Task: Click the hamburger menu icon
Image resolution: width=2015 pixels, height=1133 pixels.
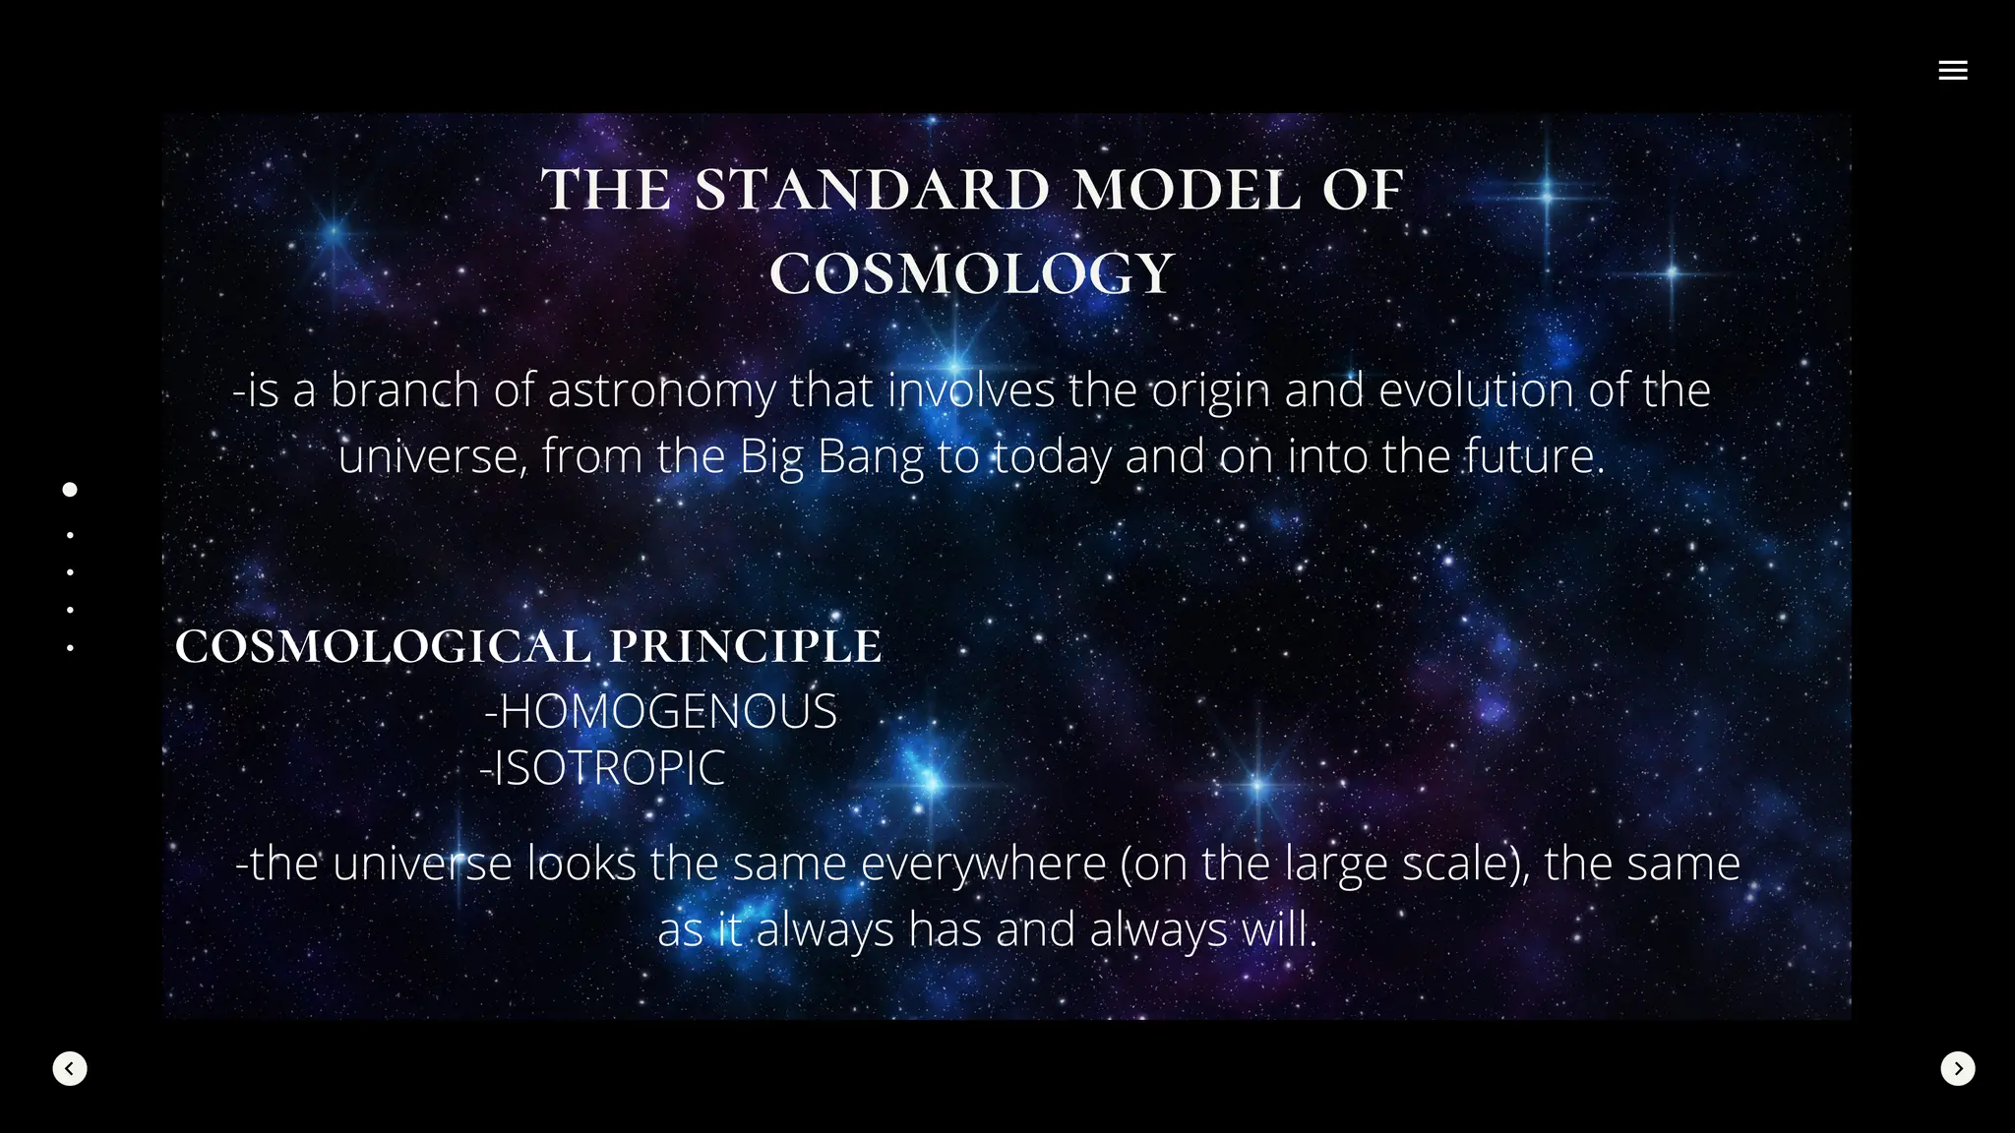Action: (1952, 70)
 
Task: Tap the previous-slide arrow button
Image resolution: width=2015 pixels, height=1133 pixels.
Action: (70, 1068)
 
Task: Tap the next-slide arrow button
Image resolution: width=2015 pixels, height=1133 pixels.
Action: (1957, 1068)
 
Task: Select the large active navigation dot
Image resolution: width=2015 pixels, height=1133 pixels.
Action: (70, 490)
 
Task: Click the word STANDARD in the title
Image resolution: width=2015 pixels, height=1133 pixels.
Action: (872, 190)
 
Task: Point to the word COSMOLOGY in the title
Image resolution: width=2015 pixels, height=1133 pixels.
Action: (972, 273)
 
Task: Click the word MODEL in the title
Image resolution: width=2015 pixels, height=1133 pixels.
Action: (1186, 190)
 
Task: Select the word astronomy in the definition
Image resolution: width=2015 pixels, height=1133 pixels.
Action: (661, 391)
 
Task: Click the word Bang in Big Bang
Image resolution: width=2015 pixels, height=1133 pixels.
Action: (870, 457)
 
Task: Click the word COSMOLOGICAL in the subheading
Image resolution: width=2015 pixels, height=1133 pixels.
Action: (384, 646)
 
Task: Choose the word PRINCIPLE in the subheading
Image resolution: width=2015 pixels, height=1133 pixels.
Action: (746, 646)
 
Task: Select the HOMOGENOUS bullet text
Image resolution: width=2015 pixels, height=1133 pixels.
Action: (661, 711)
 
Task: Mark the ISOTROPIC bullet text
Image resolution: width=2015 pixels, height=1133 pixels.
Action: (603, 768)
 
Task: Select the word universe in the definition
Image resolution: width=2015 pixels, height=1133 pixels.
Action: (429, 456)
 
